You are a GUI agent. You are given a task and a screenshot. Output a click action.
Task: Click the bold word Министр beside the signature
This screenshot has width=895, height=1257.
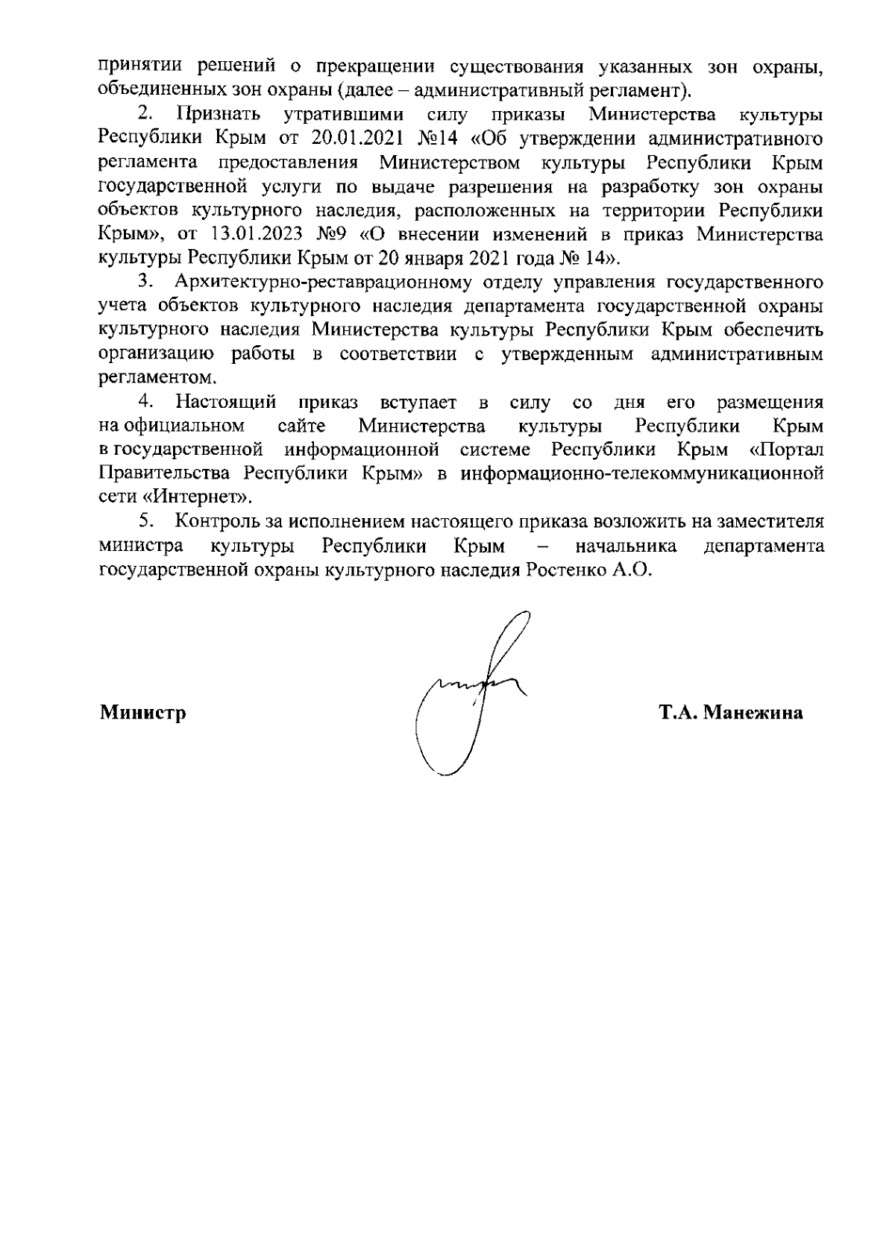142,713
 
